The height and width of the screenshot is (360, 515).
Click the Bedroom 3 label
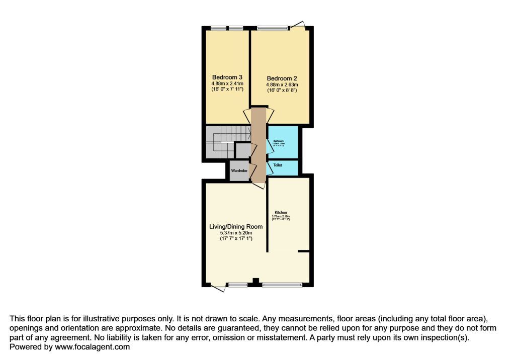coord(227,77)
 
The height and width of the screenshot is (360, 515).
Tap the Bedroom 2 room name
coord(282,78)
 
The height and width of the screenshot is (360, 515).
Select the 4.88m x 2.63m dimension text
coord(282,85)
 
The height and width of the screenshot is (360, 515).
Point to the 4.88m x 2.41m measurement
coord(227,83)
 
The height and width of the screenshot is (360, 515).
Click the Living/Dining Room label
coord(236,227)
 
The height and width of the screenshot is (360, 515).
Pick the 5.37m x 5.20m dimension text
coord(236,233)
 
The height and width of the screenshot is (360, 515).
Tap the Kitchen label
coord(281,212)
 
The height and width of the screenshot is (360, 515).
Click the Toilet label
coord(278,165)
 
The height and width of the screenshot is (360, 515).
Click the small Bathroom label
coord(279,141)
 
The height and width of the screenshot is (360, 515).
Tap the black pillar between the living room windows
coord(255,282)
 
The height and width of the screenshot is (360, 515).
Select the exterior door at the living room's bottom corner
coord(218,288)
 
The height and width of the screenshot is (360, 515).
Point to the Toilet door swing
coord(270,167)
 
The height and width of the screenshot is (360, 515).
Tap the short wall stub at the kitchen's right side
coord(303,250)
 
